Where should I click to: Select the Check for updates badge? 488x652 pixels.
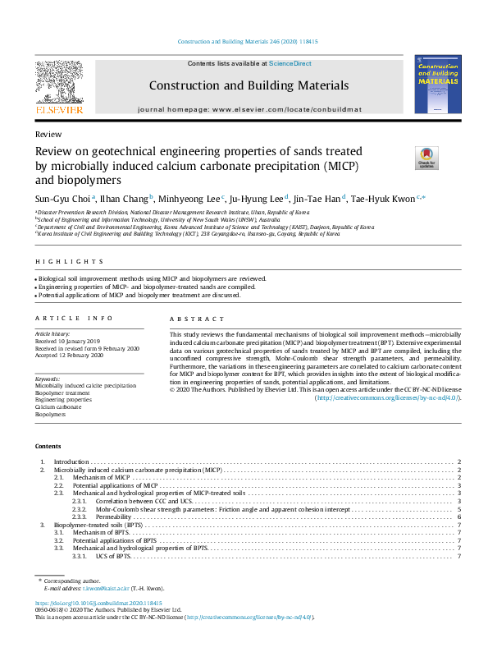(427, 157)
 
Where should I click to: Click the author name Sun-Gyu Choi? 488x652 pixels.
(63, 198)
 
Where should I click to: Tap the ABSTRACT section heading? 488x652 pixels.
(196, 319)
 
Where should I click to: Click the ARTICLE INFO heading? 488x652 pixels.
(63, 319)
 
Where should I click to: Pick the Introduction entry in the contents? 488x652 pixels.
(71, 463)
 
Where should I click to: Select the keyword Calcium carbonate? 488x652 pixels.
(57, 407)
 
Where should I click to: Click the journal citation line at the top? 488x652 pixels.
(248, 41)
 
